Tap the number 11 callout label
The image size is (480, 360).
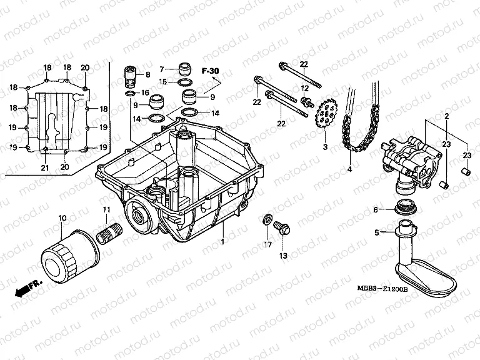107,209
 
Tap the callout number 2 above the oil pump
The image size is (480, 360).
447,117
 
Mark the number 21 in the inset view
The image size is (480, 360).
44,167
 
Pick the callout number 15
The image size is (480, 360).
162,81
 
